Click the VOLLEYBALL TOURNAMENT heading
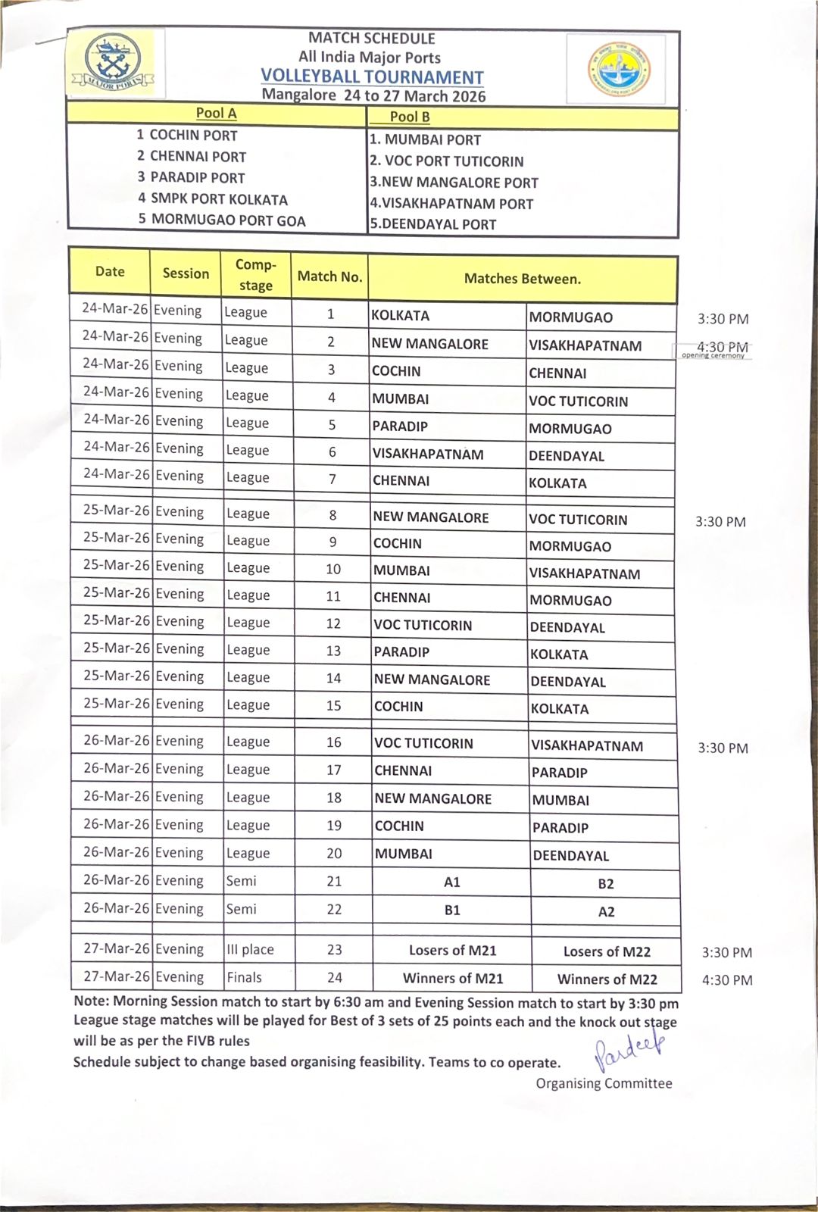372,77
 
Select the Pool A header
216,114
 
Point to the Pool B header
410,117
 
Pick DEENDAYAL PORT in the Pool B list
433,224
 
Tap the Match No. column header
329,276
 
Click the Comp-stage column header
256,275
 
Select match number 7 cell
332,479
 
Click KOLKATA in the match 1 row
401,316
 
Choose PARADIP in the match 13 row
401,651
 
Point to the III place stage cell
251,949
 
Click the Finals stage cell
244,977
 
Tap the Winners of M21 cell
453,979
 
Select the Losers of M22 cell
607,951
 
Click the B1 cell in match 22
452,910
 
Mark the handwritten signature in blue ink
629,1049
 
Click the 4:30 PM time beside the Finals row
727,980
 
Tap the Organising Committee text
604,1083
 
